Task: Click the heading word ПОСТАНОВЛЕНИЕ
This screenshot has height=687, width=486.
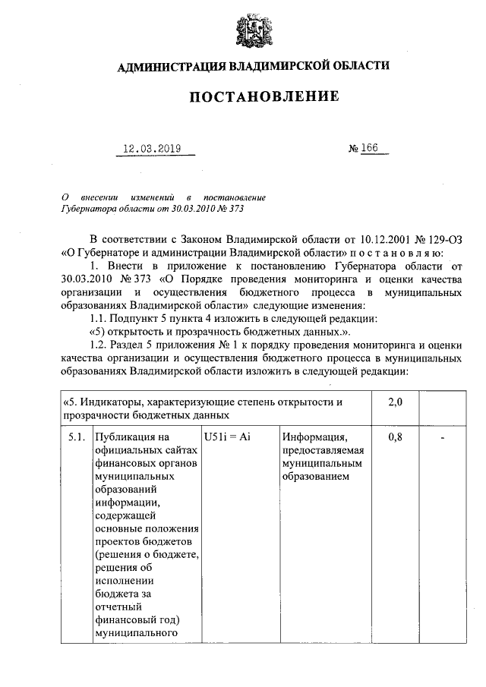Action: (254, 97)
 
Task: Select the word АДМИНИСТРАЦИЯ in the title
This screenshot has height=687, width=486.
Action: (168, 66)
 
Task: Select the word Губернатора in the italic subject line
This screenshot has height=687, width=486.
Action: (87, 207)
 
